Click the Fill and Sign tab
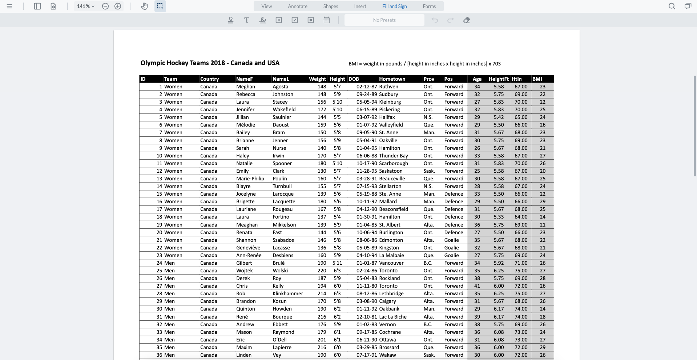[x=394, y=6]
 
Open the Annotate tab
[x=297, y=6]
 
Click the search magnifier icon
[x=672, y=6]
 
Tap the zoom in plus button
[x=118, y=6]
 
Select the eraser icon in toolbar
[x=467, y=20]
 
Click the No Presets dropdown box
[x=384, y=20]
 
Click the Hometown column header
[x=392, y=79]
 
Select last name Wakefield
[x=284, y=109]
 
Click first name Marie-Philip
[x=250, y=179]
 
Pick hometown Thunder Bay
[x=393, y=156]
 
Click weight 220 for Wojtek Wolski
[x=322, y=271]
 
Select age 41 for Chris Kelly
[x=477, y=286]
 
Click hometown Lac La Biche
[x=392, y=317]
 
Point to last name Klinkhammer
[x=287, y=293]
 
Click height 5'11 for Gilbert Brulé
[x=337, y=263]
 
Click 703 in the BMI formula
[x=496, y=64]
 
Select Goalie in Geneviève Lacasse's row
[x=451, y=248]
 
